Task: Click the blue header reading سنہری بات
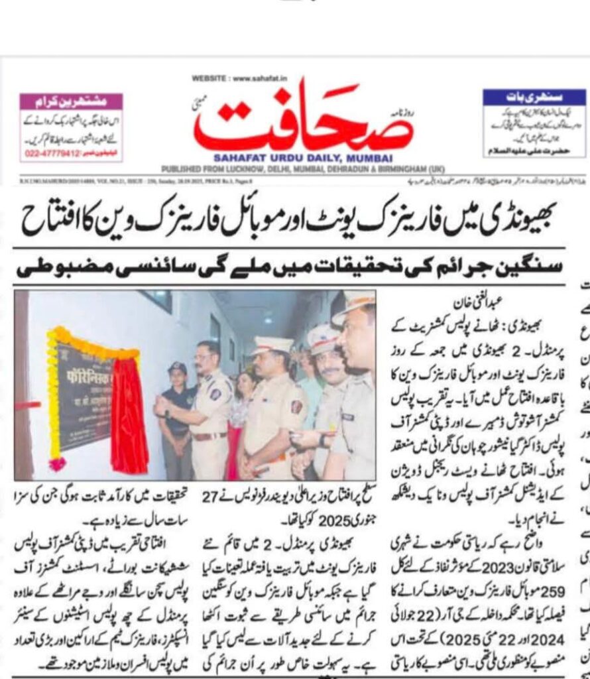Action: tap(534, 96)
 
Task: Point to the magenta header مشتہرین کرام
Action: tap(71, 101)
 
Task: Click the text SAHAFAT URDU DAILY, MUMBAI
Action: tap(303, 158)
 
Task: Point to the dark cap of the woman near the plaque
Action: tap(178, 367)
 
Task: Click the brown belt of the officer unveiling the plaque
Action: tap(207, 436)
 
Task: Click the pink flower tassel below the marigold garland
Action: tap(58, 463)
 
